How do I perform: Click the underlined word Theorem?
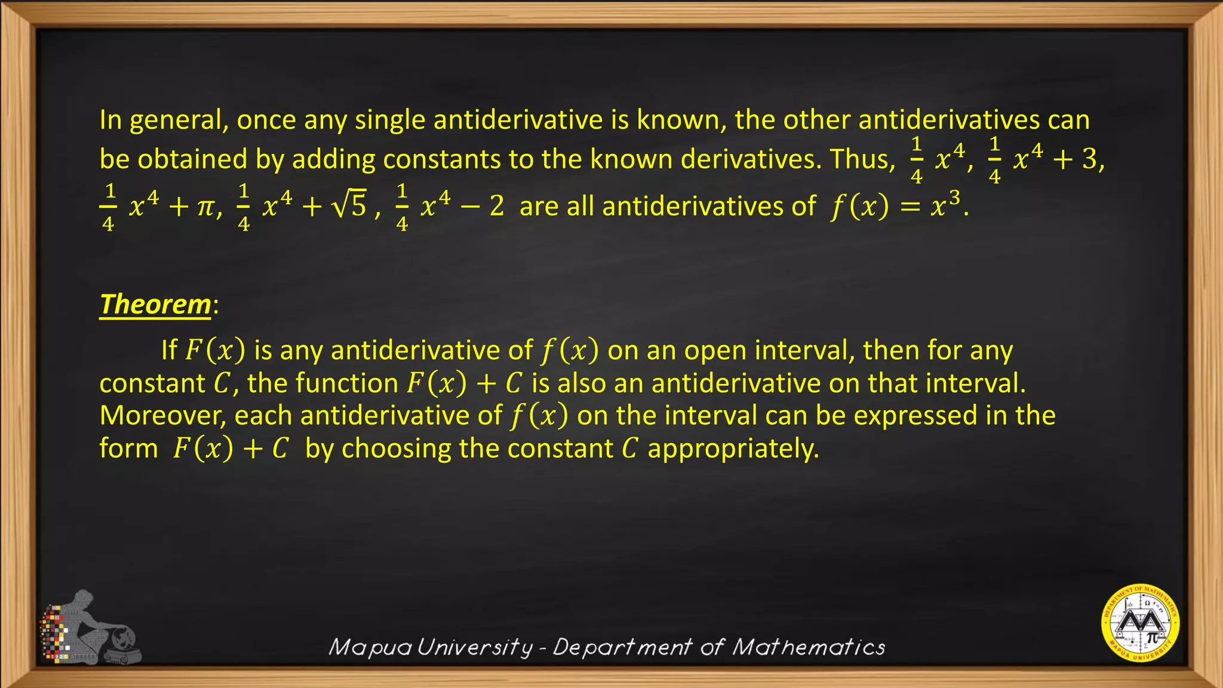pyautogui.click(x=155, y=305)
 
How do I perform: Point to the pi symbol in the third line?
pyautogui.click(x=205, y=207)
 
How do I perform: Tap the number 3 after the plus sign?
pyautogui.click(x=1090, y=159)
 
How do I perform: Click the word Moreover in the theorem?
pyautogui.click(x=162, y=416)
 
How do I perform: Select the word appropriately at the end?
pyautogui.click(x=733, y=449)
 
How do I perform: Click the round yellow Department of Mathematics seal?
pyautogui.click(x=1140, y=623)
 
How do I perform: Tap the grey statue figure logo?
pyautogui.click(x=90, y=627)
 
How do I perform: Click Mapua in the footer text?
pyautogui.click(x=370, y=647)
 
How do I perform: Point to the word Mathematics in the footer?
pyautogui.click(x=809, y=647)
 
